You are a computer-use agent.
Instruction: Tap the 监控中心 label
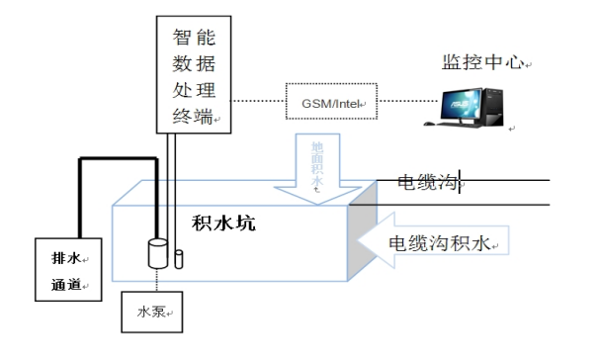(x=483, y=62)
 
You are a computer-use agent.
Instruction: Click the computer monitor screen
(x=461, y=104)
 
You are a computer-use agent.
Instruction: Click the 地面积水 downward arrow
(x=317, y=169)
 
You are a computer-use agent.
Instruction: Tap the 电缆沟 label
(x=428, y=182)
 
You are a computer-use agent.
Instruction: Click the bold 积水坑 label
(x=223, y=223)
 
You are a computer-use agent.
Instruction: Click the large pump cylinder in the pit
(x=158, y=253)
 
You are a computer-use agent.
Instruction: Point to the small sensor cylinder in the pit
(x=179, y=259)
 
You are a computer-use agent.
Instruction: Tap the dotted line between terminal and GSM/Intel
(x=258, y=101)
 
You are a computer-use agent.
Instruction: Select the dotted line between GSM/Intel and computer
(x=408, y=101)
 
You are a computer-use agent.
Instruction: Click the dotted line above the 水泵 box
(x=157, y=280)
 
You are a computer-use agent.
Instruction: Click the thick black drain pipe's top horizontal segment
(x=118, y=158)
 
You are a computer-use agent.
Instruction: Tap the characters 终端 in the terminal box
(x=193, y=116)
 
